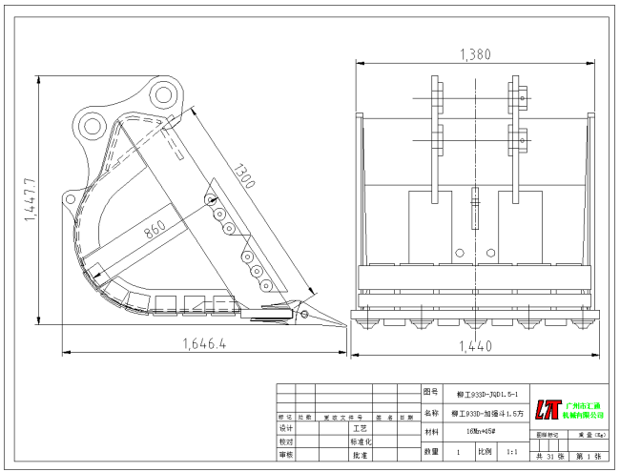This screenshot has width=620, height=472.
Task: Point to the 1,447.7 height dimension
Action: [30, 200]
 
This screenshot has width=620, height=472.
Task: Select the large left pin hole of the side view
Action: [93, 124]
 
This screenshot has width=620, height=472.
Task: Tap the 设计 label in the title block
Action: [286, 429]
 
